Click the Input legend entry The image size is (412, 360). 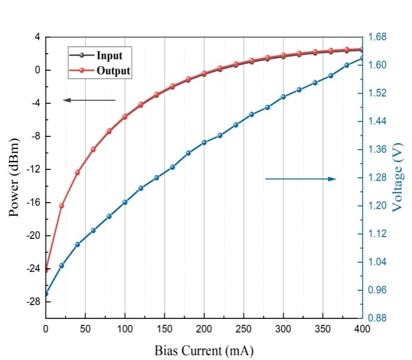(x=109, y=55)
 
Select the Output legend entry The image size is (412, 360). (x=113, y=71)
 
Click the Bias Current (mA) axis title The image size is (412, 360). (x=204, y=350)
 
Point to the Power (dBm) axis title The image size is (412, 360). (x=16, y=178)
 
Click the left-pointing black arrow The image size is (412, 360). (x=89, y=100)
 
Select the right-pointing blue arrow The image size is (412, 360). (x=301, y=179)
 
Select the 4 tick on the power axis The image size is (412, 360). (x=37, y=37)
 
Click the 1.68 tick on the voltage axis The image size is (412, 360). (x=378, y=38)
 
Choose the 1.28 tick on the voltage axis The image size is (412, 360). (x=378, y=178)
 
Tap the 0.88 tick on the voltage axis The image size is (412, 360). (x=378, y=318)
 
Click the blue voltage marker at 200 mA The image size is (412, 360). (x=204, y=142)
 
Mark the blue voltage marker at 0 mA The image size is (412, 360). (x=46, y=294)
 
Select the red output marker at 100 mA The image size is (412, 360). (x=125, y=117)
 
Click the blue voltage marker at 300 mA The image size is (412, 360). (x=283, y=97)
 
